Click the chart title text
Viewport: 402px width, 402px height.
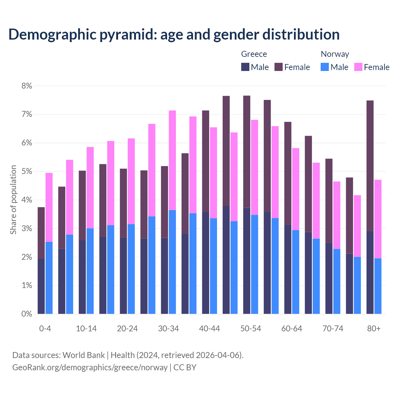tap(174, 35)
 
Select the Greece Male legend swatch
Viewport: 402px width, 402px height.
tap(245, 67)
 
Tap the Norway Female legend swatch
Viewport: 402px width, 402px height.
tap(358, 67)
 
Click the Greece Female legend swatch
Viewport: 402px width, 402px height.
tap(279, 67)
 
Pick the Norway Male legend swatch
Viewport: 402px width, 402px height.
tap(325, 67)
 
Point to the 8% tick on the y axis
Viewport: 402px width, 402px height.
tap(27, 86)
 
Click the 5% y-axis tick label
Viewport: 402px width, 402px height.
tap(27, 171)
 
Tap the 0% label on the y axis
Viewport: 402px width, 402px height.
tap(27, 314)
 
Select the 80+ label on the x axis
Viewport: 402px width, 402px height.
tap(374, 329)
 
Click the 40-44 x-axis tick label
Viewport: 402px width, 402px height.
tap(209, 329)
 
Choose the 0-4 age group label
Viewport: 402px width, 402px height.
tap(45, 329)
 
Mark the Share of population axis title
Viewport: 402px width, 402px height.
tap(13, 200)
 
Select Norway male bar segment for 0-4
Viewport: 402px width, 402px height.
tap(49, 278)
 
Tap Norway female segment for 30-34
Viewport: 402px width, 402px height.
tap(172, 160)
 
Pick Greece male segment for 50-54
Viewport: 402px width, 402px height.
tap(247, 261)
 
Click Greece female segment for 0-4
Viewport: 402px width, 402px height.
tap(41, 233)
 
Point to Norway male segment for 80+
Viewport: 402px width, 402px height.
tap(378, 286)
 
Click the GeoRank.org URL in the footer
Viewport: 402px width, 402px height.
tap(90, 367)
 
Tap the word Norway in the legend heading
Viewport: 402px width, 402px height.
tap(335, 54)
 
